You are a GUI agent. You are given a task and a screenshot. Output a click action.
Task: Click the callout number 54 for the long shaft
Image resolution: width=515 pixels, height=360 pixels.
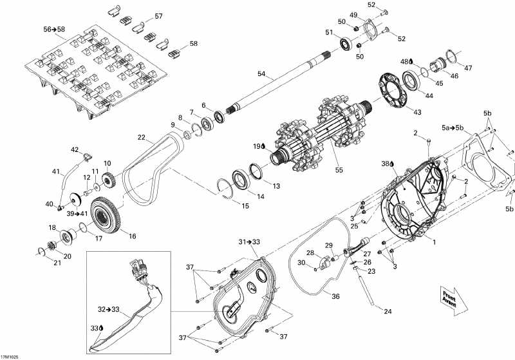[x=261, y=74]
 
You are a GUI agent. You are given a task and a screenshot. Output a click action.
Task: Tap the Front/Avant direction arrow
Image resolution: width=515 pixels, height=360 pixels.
[x=454, y=301]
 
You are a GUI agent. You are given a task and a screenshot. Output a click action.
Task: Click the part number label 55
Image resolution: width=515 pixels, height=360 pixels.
[x=339, y=170]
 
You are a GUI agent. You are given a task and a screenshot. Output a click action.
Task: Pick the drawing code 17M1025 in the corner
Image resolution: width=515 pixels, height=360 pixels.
[x=10, y=357]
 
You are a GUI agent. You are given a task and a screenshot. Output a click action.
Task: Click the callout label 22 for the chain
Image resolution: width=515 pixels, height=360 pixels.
[x=141, y=137]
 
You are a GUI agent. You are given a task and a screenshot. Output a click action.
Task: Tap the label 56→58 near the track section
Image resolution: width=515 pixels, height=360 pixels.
[x=54, y=29]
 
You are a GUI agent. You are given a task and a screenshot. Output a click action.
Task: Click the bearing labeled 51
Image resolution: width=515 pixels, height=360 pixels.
[x=346, y=44]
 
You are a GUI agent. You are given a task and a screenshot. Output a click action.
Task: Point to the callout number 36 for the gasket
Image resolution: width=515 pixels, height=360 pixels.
[x=335, y=296]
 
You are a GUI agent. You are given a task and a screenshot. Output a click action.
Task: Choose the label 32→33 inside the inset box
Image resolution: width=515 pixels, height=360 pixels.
[x=109, y=309]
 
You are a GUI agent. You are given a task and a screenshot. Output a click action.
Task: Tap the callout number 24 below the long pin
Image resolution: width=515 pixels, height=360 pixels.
[x=388, y=311]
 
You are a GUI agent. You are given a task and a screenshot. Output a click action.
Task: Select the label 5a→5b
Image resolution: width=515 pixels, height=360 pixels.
[x=453, y=128]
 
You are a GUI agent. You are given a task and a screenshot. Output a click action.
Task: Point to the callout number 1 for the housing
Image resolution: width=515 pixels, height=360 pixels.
[x=434, y=242]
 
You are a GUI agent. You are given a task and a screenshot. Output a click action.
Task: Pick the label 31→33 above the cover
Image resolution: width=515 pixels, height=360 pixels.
[x=249, y=242]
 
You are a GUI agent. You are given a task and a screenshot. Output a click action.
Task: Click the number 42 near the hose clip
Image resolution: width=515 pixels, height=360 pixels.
[x=75, y=150]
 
